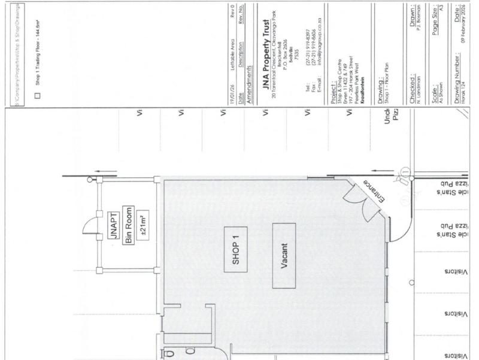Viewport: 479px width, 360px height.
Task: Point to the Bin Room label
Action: (129, 227)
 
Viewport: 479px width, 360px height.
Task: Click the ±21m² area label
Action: (144, 226)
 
